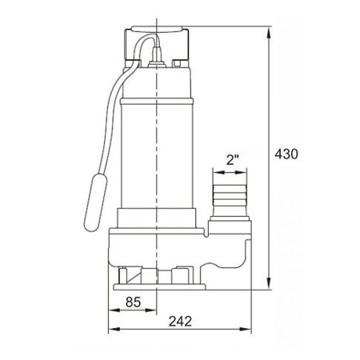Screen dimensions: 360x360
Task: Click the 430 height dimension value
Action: coord(286,154)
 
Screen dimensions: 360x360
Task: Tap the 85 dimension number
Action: coord(133,302)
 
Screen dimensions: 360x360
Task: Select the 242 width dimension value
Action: coord(180,322)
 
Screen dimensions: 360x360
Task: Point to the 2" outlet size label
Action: coord(232,160)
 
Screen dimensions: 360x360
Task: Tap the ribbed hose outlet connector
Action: coord(230,197)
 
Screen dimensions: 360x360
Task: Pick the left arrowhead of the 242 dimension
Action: coord(114,329)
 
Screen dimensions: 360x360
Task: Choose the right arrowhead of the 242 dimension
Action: coord(246,329)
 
